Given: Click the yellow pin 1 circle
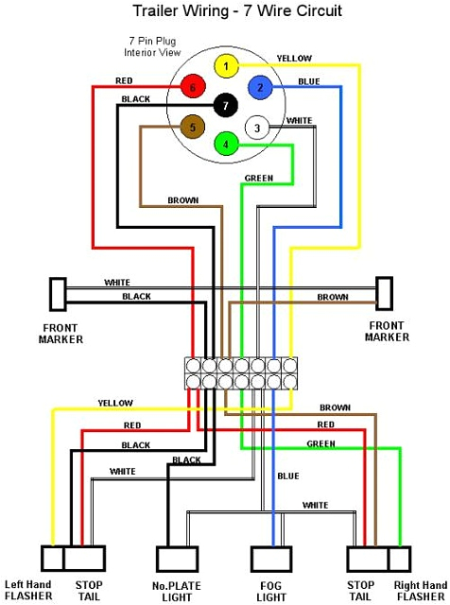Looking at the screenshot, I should tap(225, 66).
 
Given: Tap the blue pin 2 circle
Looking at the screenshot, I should tap(258, 88).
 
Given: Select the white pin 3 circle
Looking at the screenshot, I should tap(256, 128).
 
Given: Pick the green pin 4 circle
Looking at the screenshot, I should tap(225, 145).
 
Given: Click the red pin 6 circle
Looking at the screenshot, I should tap(193, 88).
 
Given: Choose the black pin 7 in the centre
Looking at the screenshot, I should tap(225, 105).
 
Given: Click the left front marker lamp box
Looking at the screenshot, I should tap(58, 294).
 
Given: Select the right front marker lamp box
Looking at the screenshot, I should tap(384, 293).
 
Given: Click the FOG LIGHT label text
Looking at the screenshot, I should tap(272, 592).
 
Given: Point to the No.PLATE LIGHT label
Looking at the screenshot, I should tap(177, 592).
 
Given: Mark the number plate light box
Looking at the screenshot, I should tap(177, 561).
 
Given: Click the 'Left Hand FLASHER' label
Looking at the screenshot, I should tap(29, 591).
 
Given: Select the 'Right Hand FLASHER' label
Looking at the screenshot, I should tap(421, 591).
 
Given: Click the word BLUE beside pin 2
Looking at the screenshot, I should tap(308, 81).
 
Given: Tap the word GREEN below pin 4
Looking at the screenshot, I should tap(259, 178).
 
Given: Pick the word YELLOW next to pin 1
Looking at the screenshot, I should tap(294, 59).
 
